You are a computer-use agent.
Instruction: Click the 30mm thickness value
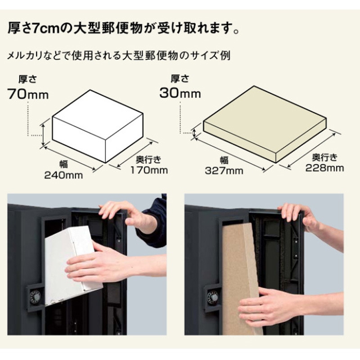180,93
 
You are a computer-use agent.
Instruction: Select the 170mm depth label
149,170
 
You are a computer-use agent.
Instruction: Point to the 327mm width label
224,171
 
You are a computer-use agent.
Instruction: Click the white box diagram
98,126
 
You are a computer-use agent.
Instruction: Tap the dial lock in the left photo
36,297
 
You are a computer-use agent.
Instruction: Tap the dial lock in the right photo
212,297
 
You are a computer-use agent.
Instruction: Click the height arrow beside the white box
44,135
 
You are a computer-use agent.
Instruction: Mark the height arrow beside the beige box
194,132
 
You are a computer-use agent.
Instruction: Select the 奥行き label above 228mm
324,157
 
